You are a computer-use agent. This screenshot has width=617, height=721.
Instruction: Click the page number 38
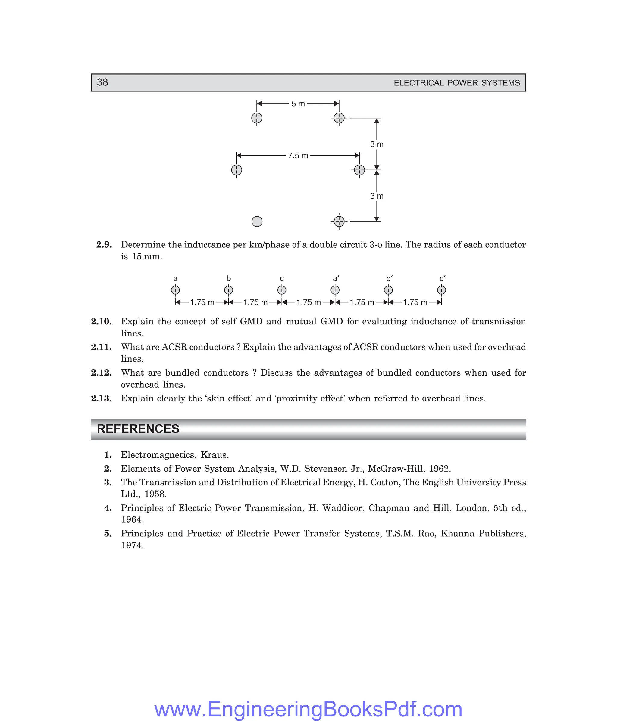point(102,82)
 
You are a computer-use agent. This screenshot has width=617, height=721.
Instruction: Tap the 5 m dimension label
point(298,104)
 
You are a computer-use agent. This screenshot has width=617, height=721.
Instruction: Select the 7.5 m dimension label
point(298,156)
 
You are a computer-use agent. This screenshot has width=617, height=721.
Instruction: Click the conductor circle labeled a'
point(335,290)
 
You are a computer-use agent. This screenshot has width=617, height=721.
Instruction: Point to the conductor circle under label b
point(229,290)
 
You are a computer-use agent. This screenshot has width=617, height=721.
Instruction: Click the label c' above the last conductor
point(442,279)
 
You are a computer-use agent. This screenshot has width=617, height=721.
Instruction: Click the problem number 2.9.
point(104,245)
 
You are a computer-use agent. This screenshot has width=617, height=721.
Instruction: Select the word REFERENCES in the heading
point(138,429)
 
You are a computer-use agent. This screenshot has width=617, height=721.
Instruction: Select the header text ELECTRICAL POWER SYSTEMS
point(456,83)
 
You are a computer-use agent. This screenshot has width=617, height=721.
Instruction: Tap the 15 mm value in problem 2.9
point(147,257)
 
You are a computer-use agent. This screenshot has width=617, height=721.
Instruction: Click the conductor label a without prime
point(175,279)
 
